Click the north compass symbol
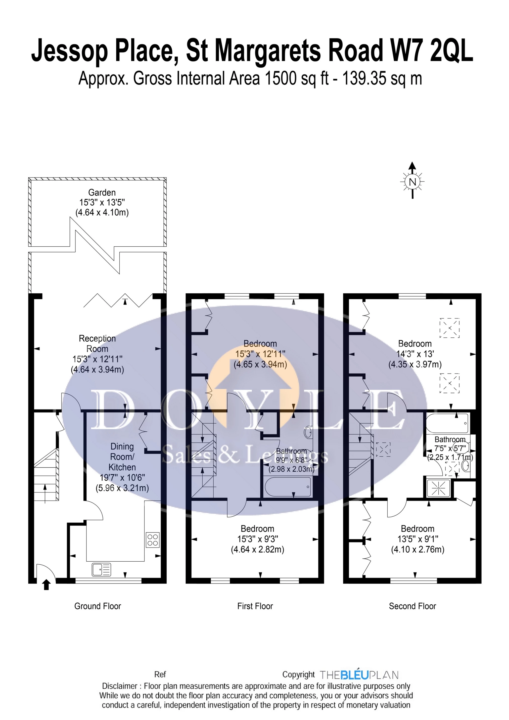(412, 182)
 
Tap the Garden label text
(102, 192)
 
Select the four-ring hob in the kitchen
(153, 540)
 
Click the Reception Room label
(97, 343)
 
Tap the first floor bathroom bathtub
(288, 487)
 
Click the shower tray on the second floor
(438, 488)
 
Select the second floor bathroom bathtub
(447, 423)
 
